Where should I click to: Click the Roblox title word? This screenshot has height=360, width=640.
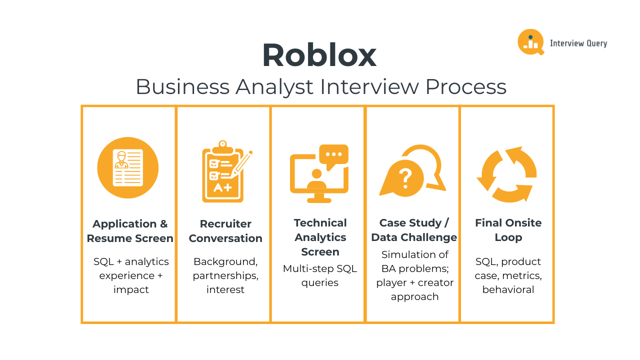coord(319,55)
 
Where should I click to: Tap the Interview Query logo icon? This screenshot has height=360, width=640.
coord(530,42)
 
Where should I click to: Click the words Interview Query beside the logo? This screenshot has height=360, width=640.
coord(578,43)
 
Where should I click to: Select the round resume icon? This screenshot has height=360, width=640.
coord(128,167)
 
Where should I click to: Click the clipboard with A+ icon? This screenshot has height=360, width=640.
coord(223,172)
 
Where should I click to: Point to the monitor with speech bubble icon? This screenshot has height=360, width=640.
coord(319,173)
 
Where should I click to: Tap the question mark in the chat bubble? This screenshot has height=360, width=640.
coord(405,177)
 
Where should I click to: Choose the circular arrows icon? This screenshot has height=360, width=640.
coord(507,174)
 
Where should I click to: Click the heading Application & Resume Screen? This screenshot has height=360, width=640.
coord(130,231)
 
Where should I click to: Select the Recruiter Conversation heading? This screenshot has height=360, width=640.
coord(225,231)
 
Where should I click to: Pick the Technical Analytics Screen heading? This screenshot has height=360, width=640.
coord(320,237)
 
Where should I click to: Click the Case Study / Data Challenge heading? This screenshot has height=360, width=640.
coord(414,230)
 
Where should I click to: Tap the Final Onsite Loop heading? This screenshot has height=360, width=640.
coord(508,230)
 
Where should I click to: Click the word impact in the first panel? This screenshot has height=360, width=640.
coord(131,289)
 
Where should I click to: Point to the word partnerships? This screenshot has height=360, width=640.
coord(225,275)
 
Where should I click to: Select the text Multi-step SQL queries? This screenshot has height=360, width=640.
coord(320,275)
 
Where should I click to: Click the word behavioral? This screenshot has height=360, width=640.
coord(508,289)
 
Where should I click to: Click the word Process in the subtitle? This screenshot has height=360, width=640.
coord(466,86)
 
